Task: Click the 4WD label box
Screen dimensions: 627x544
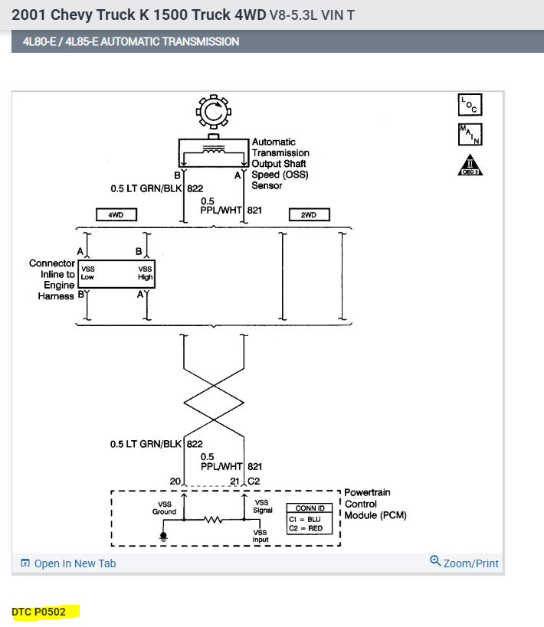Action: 116,215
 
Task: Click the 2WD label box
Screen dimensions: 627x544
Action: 309,215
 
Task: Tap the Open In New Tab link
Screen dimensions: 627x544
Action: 68,563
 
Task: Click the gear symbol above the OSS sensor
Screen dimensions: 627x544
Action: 213,113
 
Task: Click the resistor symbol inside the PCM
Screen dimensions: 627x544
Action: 212,521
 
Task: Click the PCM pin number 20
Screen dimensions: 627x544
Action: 174,481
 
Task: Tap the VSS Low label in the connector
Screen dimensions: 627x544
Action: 88,273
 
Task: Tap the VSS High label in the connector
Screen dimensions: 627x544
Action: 145,273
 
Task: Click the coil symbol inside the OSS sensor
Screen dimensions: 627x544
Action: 212,151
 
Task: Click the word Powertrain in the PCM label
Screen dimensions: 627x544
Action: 368,492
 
